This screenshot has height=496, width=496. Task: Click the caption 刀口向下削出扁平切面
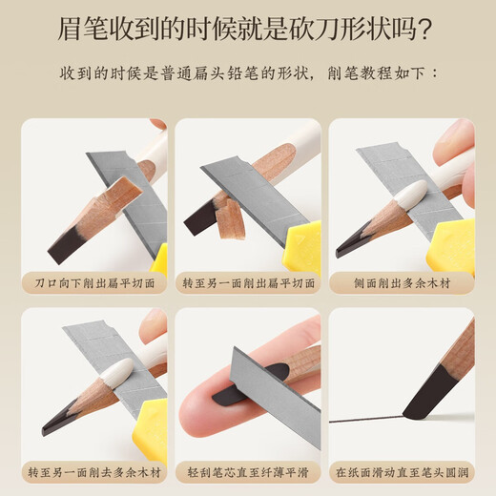point(93,283)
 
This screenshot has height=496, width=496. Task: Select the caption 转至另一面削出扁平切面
point(248,283)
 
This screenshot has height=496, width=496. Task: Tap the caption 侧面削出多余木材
point(402,283)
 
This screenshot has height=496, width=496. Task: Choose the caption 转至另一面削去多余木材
point(93,471)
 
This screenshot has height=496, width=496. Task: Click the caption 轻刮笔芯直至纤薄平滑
point(248,471)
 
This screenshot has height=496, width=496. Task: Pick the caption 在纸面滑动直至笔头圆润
point(402,471)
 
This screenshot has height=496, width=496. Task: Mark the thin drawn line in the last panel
point(362,421)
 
